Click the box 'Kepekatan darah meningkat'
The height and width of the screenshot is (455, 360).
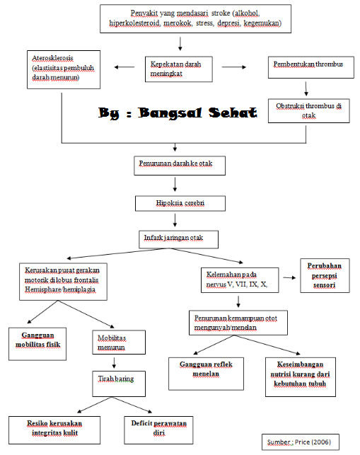[179, 69]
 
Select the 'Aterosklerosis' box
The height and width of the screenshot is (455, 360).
[64, 69]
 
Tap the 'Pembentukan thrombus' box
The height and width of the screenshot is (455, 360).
[311, 67]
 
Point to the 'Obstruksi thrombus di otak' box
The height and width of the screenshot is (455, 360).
[308, 111]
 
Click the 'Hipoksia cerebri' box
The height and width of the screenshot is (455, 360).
[180, 203]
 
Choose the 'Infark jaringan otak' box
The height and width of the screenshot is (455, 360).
[178, 239]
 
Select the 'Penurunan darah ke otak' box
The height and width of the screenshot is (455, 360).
[180, 166]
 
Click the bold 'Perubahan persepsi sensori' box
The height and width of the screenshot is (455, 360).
[325, 275]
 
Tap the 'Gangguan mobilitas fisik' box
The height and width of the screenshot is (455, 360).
[37, 344]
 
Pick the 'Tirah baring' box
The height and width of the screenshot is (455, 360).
[119, 384]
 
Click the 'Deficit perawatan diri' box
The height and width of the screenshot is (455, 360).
[158, 430]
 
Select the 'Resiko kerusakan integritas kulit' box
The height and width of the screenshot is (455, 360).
[54, 430]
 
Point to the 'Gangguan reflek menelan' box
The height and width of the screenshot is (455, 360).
[206, 374]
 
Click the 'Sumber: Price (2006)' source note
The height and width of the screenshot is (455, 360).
[301, 442]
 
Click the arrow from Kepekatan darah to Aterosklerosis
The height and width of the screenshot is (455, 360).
[124, 67]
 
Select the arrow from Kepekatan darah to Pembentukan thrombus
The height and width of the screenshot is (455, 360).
[234, 67]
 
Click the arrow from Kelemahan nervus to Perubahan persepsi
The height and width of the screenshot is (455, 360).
[289, 277]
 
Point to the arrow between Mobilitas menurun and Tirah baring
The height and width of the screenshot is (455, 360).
[114, 363]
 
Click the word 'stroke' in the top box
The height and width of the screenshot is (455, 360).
[221, 13]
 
